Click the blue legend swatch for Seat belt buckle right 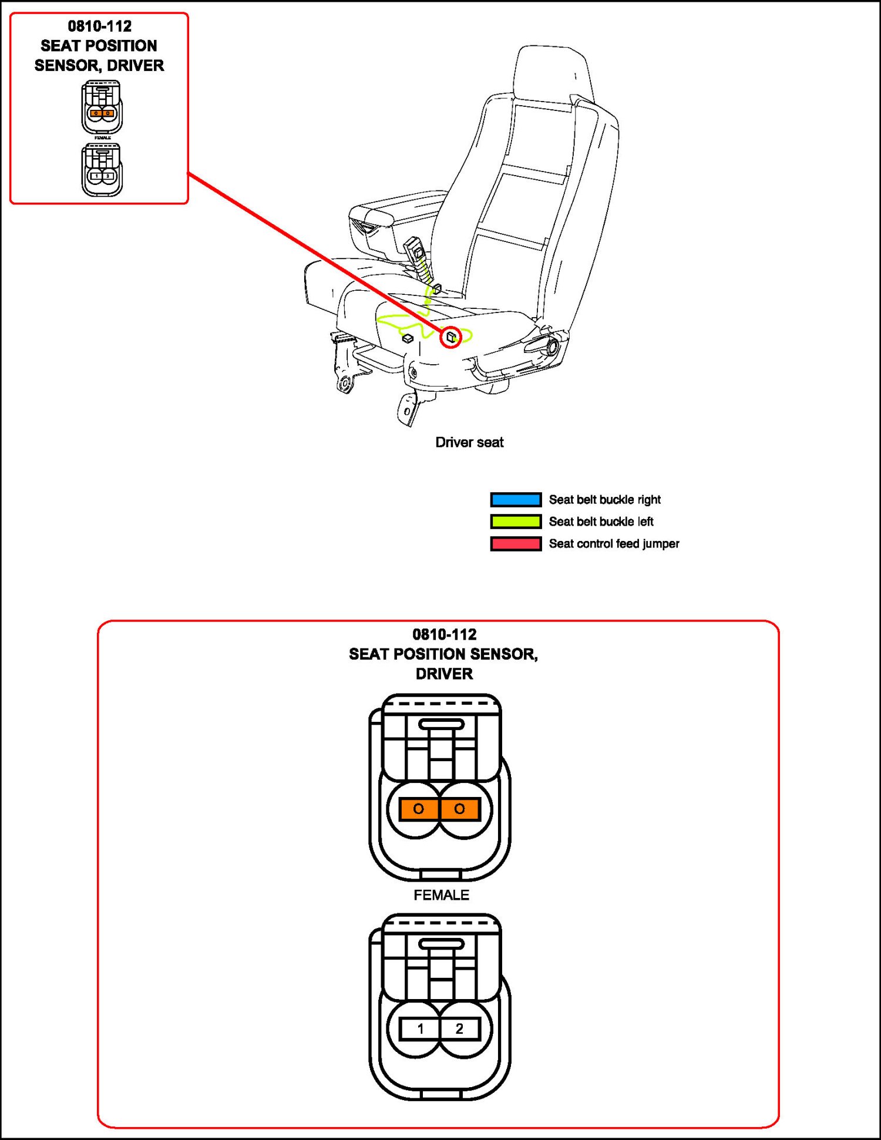pyautogui.click(x=516, y=499)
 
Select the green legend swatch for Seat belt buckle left pyautogui.click(x=516, y=522)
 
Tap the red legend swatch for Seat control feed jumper pyautogui.click(x=516, y=544)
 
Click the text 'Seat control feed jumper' pyautogui.click(x=614, y=544)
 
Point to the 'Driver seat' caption pyautogui.click(x=469, y=442)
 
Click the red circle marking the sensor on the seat pyautogui.click(x=450, y=337)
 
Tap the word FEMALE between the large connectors pyautogui.click(x=441, y=894)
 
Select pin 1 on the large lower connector pyautogui.click(x=420, y=1028)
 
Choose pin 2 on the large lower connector pyautogui.click(x=459, y=1028)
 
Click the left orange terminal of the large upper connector pyautogui.click(x=419, y=809)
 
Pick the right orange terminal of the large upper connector pyautogui.click(x=459, y=809)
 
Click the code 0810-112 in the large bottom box pyautogui.click(x=445, y=634)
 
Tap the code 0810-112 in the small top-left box pyautogui.click(x=100, y=26)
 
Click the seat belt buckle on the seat pyautogui.click(x=416, y=250)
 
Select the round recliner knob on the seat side pyautogui.click(x=552, y=347)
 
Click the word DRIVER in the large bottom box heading pyautogui.click(x=444, y=674)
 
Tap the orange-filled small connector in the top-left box pyautogui.click(x=102, y=107)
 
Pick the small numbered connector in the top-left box pyautogui.click(x=102, y=170)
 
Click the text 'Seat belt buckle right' pyautogui.click(x=604, y=499)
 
